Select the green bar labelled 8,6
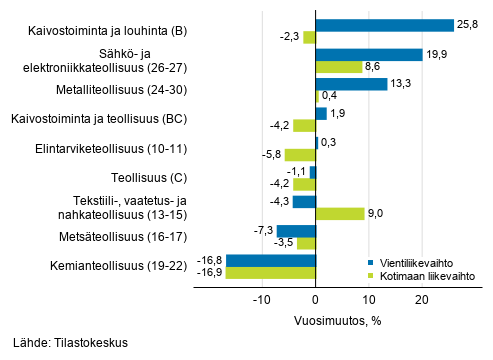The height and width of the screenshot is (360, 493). tap(339, 67)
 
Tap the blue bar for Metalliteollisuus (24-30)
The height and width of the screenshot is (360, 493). tap(351, 84)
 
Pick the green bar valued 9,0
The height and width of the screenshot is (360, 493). tap(340, 213)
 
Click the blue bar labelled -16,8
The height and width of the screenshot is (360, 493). tap(270, 260)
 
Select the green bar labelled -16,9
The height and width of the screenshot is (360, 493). tap(270, 272)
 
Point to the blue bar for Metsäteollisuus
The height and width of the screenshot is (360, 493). tap(296, 231)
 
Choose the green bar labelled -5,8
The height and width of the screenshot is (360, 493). tap(300, 155)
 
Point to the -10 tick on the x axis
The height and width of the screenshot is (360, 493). tap(261, 300)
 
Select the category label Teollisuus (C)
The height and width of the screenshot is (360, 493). tap(126, 178)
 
